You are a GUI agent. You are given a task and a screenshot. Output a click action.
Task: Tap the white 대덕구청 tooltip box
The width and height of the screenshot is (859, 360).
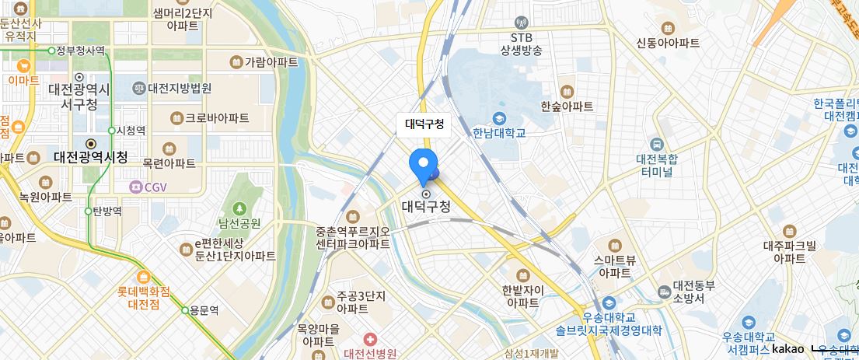tap(424, 124)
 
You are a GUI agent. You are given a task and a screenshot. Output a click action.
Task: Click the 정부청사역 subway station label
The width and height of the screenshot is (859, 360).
tap(80, 51)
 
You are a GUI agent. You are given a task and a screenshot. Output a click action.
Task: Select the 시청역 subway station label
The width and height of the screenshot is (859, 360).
tap(129, 131)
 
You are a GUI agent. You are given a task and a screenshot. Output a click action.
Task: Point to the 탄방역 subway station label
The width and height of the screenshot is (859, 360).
tap(107, 211)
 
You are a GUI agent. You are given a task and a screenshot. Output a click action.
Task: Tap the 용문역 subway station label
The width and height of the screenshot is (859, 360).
tap(204, 309)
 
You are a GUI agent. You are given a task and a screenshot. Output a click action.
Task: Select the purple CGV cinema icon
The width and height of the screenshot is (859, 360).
tap(136, 187)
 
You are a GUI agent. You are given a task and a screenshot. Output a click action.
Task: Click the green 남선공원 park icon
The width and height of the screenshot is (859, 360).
tap(239, 208)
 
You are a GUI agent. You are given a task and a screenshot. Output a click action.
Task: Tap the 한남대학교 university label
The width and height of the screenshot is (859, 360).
tap(498, 133)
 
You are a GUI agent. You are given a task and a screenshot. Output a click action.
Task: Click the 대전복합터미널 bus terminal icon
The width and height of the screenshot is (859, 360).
tap(657, 144)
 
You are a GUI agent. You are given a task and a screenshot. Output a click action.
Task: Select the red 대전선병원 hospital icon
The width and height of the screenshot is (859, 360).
tap(370, 339)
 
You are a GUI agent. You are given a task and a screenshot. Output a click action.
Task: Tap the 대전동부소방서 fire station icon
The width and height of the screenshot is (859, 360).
tap(663, 292)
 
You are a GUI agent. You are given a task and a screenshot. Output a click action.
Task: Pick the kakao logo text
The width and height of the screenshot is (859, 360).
tap(787, 349)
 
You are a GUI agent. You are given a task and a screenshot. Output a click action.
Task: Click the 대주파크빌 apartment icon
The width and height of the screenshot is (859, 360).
tap(790, 231)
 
